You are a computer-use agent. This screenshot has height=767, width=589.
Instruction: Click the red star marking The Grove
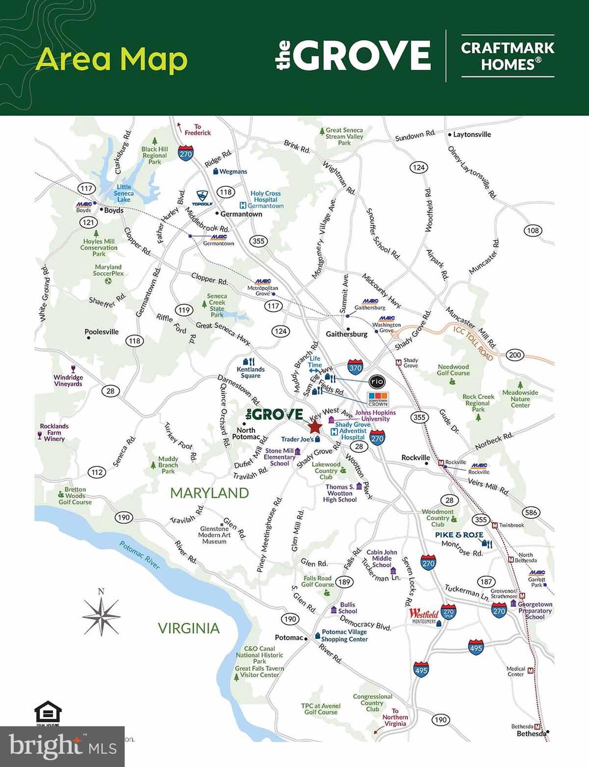[x=314, y=427]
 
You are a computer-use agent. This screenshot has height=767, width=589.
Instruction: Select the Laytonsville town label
[x=472, y=134]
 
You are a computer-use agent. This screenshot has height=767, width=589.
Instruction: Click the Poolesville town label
[x=101, y=332]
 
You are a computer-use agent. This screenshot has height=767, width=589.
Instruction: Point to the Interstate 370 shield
[x=355, y=368]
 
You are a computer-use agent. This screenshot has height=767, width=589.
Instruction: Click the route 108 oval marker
[x=533, y=230]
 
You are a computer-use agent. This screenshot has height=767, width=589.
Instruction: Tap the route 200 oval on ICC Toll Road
[x=515, y=355]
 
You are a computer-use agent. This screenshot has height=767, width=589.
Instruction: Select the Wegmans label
[x=233, y=171]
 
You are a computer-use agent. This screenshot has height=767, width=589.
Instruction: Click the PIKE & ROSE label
[x=459, y=535]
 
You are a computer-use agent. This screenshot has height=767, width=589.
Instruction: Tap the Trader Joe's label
[x=297, y=439]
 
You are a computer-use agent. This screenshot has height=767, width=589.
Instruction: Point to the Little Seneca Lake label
[x=123, y=193]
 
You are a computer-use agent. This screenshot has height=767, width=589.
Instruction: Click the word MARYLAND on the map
[x=209, y=493]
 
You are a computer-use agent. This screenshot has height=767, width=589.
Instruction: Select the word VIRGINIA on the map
[x=189, y=628]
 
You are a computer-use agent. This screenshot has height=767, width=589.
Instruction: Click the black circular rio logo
[x=377, y=382]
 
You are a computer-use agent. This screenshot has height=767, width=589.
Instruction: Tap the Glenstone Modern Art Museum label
[x=214, y=535]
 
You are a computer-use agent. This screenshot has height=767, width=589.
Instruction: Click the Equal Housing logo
[x=48, y=714]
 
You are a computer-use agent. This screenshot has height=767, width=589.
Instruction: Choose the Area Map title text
[x=111, y=59]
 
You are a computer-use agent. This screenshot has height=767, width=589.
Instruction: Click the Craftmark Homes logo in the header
[x=508, y=56]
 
